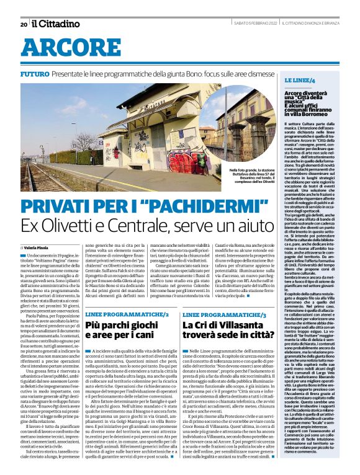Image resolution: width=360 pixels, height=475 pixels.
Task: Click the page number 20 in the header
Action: click(x=23, y=25)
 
